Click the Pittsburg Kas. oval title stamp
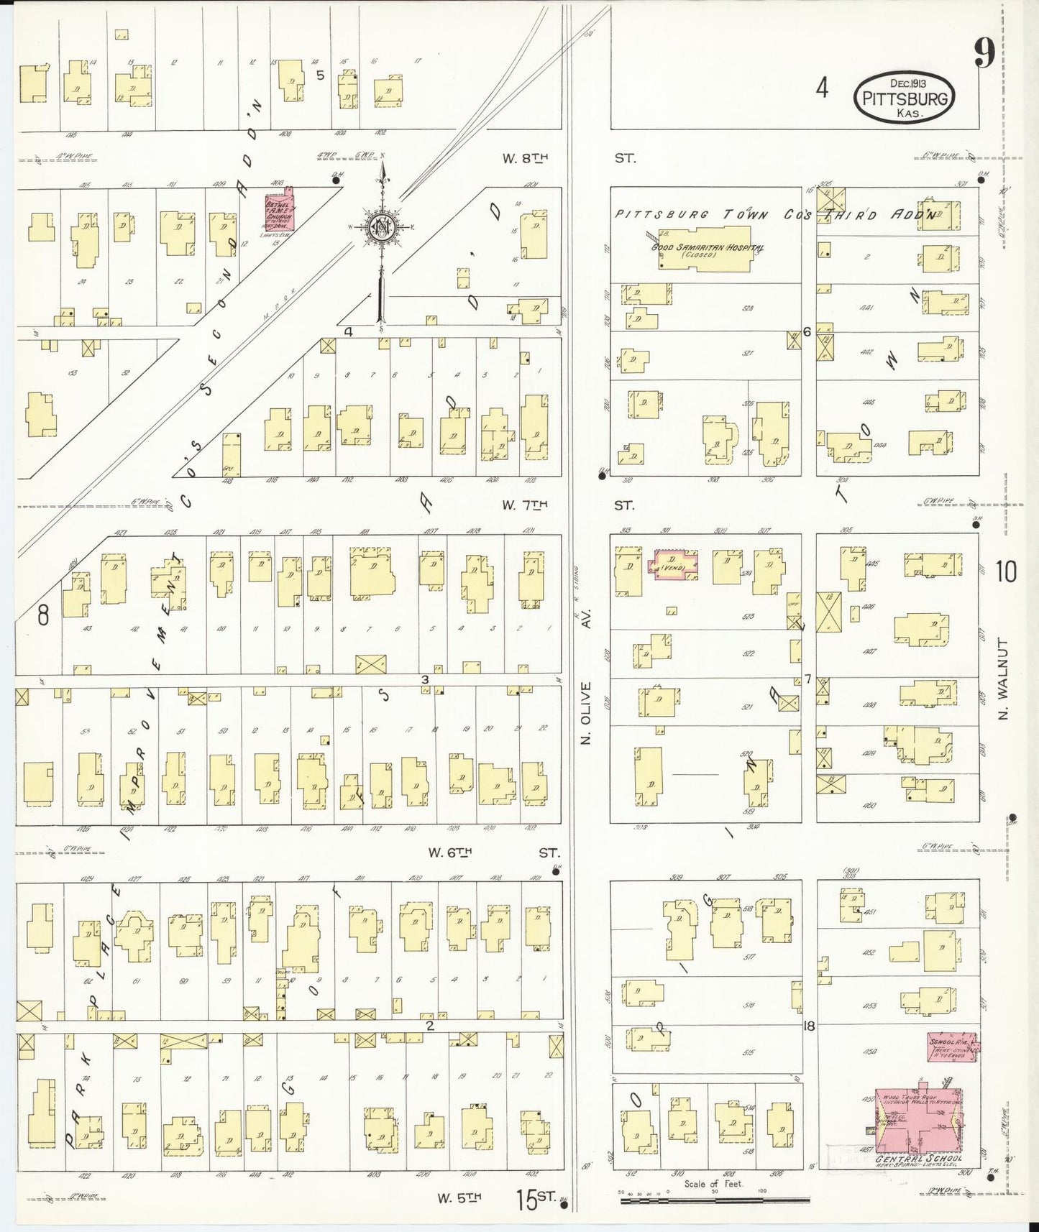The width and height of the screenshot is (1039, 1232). pos(903,98)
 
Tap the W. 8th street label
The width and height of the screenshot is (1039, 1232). pos(524,159)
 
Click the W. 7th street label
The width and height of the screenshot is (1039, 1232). pos(524,505)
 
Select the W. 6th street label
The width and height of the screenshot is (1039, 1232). pos(450,852)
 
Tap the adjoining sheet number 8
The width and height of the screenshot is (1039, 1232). pos(42,615)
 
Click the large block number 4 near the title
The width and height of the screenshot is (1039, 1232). pos(822,88)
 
